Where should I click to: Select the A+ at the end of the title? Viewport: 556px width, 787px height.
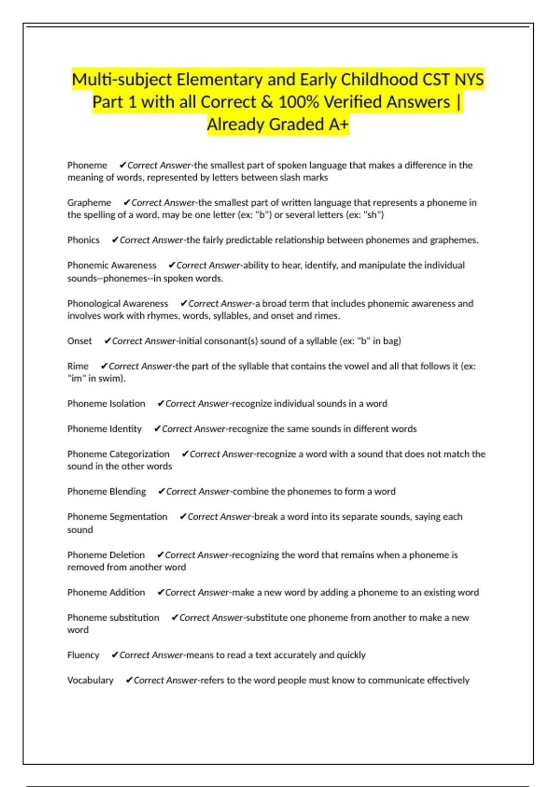(x=338, y=124)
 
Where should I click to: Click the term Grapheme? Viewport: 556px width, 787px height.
(x=89, y=202)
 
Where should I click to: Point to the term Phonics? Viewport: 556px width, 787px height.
(x=83, y=240)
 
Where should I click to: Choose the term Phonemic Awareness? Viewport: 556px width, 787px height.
(x=112, y=265)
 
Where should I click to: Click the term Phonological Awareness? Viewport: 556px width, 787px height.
(x=118, y=304)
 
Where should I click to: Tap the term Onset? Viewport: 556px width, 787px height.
(x=80, y=341)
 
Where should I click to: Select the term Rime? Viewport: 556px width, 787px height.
(x=78, y=366)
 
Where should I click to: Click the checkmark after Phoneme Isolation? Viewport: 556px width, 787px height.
(x=161, y=404)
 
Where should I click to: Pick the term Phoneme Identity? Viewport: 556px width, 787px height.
(x=105, y=429)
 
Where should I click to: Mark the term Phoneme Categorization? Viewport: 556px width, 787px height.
(x=118, y=454)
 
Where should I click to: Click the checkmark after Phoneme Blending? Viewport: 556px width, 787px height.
(x=162, y=492)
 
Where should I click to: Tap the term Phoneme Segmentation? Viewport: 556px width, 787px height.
(x=117, y=517)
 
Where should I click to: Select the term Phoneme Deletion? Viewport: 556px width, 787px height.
(x=106, y=555)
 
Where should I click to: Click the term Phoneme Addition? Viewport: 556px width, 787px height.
(x=106, y=593)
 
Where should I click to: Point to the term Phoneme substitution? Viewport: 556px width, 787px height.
(x=113, y=618)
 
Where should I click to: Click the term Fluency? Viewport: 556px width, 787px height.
(x=83, y=655)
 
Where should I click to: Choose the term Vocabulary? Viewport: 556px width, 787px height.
(x=90, y=681)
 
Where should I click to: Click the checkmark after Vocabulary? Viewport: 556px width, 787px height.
(x=129, y=681)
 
